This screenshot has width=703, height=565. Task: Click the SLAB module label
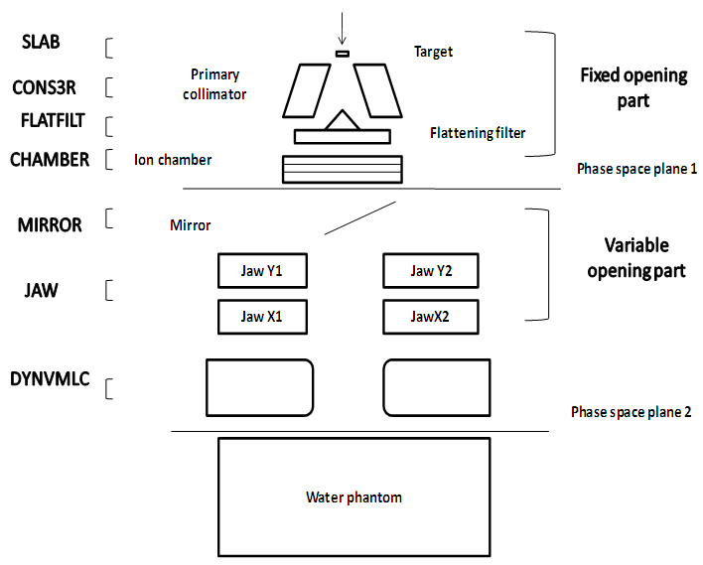pos(42,43)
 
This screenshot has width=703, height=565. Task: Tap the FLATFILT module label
pos(52,121)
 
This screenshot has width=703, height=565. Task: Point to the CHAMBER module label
pos(50,159)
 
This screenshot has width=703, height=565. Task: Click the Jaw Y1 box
pos(262,270)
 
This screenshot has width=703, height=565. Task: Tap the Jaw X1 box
pos(262,317)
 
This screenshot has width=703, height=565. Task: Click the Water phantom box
pos(353,496)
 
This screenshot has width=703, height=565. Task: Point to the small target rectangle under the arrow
pos(343,53)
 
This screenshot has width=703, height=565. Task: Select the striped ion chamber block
pos(342,169)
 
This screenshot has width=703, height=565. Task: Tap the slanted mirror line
pos(359,218)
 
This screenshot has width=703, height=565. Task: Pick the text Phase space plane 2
pos(631,411)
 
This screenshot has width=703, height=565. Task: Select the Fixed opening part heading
pos(633,87)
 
